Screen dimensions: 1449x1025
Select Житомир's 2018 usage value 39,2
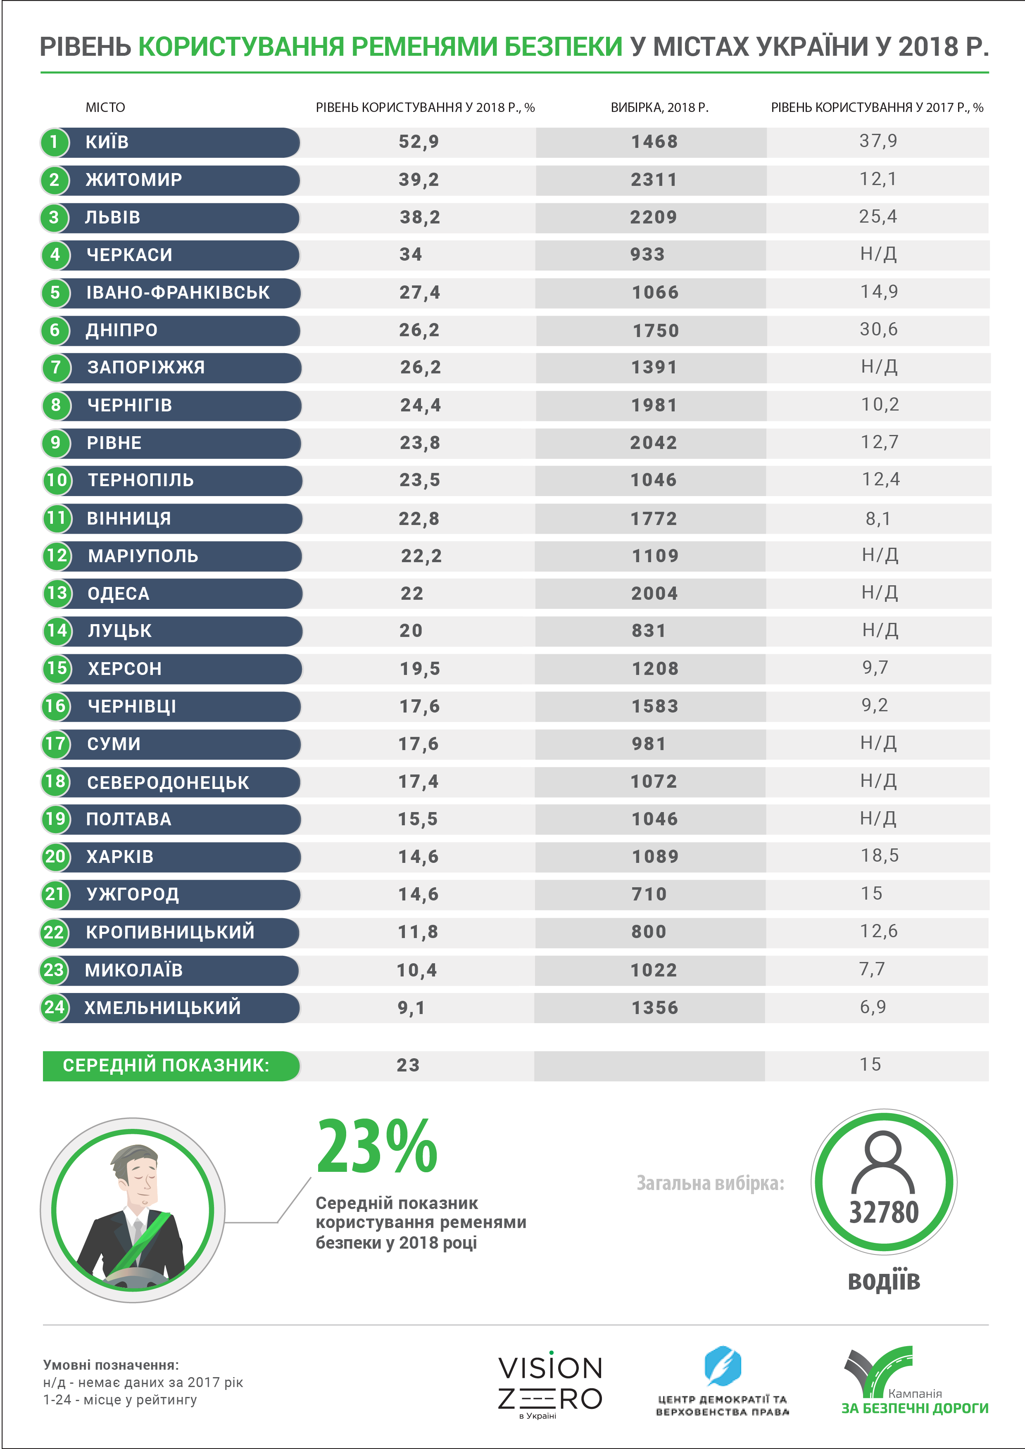click(x=419, y=180)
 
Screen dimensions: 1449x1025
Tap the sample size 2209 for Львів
click(x=653, y=217)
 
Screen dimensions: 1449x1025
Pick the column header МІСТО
click(x=105, y=107)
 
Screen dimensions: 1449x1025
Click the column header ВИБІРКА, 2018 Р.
click(x=659, y=107)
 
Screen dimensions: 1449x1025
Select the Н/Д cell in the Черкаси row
click(x=878, y=254)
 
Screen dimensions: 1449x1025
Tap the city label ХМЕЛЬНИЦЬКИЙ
click(x=163, y=1007)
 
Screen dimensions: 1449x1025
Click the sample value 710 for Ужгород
click(x=649, y=894)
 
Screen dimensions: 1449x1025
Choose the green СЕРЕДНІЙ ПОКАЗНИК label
click(x=166, y=1065)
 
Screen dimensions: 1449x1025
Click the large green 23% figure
click(x=377, y=1146)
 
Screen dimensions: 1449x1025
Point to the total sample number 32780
click(x=884, y=1212)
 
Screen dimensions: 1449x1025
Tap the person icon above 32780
click(x=883, y=1161)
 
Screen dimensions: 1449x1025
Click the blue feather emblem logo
click(x=722, y=1365)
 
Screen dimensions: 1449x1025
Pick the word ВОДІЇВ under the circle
click(x=884, y=1281)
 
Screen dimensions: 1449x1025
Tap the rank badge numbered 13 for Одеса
click(x=57, y=593)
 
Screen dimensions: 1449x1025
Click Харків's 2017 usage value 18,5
click(x=879, y=856)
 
